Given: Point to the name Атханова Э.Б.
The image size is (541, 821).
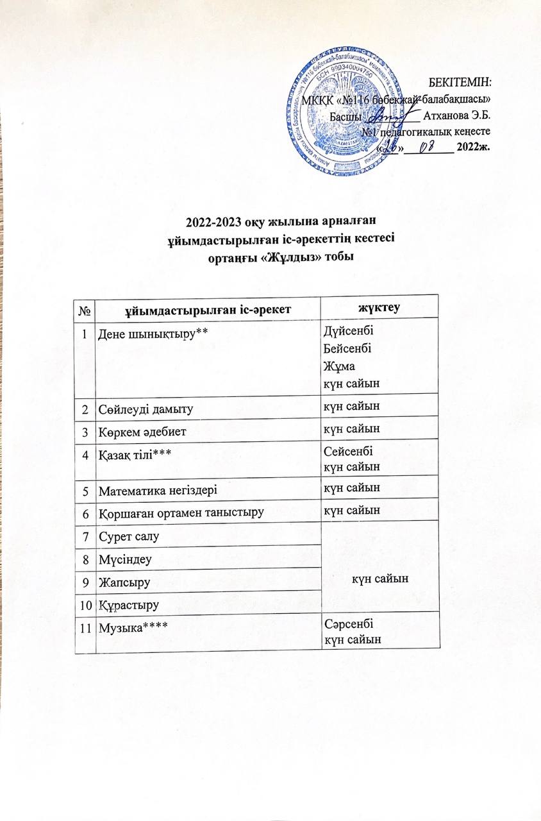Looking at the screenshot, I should tap(457, 116).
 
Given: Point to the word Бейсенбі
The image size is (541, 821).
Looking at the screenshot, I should tap(347, 349).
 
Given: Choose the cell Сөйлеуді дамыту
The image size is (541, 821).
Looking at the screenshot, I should tap(146, 408).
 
